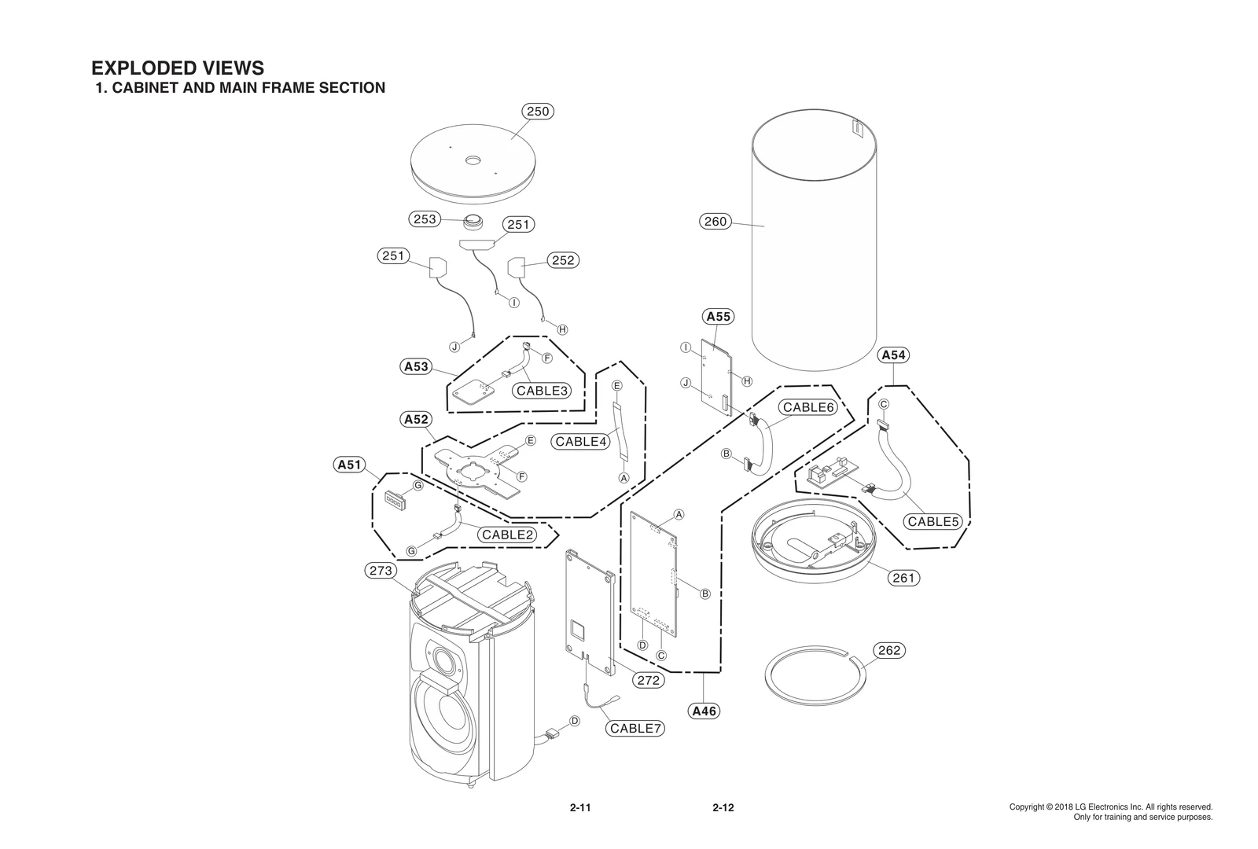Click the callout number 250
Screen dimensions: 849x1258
click(x=538, y=112)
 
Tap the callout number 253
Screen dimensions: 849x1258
click(x=425, y=219)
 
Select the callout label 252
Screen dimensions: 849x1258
click(x=563, y=260)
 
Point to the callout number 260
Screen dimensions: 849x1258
click(x=715, y=222)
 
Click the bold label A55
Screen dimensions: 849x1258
click(x=718, y=317)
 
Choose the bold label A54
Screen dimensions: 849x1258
click(x=894, y=355)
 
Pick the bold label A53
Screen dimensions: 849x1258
click(x=416, y=366)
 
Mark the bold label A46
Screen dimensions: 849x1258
click(x=704, y=711)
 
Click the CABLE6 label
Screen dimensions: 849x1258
click(x=807, y=407)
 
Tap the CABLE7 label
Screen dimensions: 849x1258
click(x=636, y=729)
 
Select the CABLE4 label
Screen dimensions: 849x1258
click(x=581, y=442)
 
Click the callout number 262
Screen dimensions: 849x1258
click(x=889, y=651)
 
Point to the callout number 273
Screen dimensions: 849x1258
click(x=381, y=571)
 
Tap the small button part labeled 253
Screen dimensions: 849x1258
click(x=474, y=221)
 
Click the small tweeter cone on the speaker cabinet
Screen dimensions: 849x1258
click(x=442, y=658)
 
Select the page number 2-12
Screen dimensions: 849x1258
click(x=723, y=807)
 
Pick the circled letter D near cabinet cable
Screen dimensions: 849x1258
click(x=575, y=721)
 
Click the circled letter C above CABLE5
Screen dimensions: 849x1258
click(x=883, y=404)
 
